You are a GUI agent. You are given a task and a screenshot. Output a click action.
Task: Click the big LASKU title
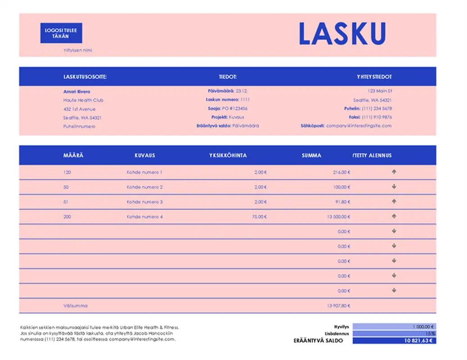[x=342, y=34]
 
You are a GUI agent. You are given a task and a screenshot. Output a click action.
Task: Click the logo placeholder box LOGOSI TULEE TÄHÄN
[x=61, y=33]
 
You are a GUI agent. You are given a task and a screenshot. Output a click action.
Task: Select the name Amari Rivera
[x=76, y=91]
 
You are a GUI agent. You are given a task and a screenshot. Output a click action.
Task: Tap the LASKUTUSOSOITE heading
[x=85, y=77]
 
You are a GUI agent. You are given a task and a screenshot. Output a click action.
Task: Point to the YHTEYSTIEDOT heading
[x=374, y=77]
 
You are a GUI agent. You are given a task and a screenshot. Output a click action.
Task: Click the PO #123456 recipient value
[x=235, y=108]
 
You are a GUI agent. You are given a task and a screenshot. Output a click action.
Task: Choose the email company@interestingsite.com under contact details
[x=359, y=126]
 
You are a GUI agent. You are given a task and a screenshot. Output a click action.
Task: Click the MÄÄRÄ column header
[x=73, y=155]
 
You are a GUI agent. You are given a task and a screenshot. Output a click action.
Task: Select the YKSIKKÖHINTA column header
[x=228, y=155]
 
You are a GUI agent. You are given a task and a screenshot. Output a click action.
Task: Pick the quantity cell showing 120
[x=67, y=172]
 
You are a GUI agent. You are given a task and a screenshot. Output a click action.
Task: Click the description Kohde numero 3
[x=145, y=202]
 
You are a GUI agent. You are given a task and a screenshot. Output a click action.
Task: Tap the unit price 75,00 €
[x=260, y=217]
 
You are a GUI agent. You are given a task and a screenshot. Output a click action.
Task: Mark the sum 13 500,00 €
[x=338, y=217]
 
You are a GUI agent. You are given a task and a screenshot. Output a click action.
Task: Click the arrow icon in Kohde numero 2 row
[x=394, y=187]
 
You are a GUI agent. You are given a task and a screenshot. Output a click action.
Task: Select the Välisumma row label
[x=76, y=306]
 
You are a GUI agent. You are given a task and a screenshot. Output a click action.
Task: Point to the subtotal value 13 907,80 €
[x=338, y=306]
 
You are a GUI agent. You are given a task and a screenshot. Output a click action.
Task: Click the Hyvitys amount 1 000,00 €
[x=423, y=327]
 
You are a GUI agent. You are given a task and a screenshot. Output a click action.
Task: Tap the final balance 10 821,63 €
[x=419, y=341]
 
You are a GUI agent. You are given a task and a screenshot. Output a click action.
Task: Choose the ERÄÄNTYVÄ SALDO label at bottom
[x=318, y=341]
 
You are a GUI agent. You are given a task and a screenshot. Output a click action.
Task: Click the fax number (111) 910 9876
[x=377, y=117]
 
